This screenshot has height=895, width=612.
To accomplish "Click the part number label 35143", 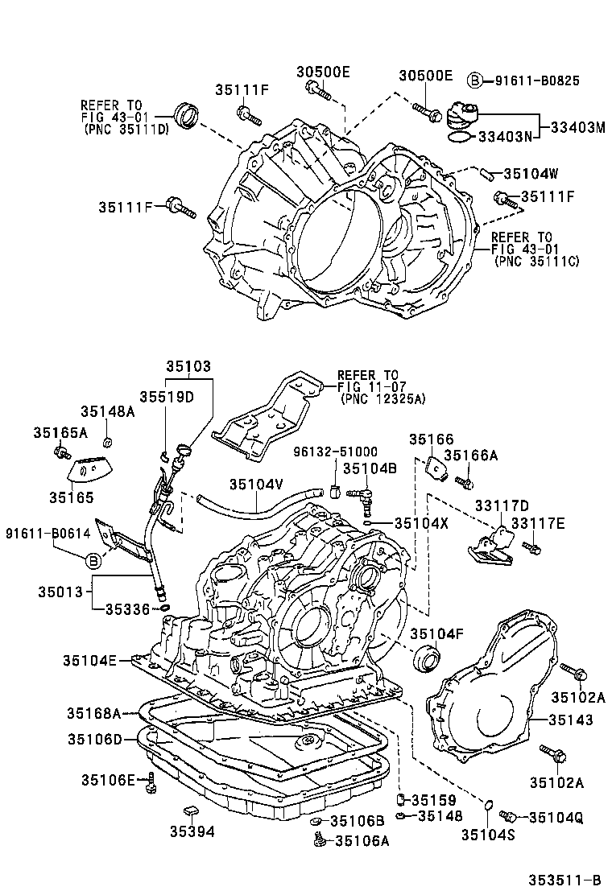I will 572,720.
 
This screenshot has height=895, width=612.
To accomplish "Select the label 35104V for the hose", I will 256,484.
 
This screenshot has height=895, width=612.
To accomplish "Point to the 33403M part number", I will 577,127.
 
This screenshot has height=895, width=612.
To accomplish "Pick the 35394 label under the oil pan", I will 192,831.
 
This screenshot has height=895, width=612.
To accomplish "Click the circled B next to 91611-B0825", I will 476,80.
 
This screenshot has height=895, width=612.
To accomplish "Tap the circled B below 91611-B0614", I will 93,560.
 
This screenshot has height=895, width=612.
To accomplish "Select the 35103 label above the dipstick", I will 188,366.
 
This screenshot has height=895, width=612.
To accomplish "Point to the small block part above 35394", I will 192,808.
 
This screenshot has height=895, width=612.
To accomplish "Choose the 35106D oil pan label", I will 93,739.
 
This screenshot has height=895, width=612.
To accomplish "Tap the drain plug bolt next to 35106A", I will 320,841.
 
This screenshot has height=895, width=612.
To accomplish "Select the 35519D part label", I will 167,396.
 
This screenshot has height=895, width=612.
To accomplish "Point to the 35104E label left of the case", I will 89,661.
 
